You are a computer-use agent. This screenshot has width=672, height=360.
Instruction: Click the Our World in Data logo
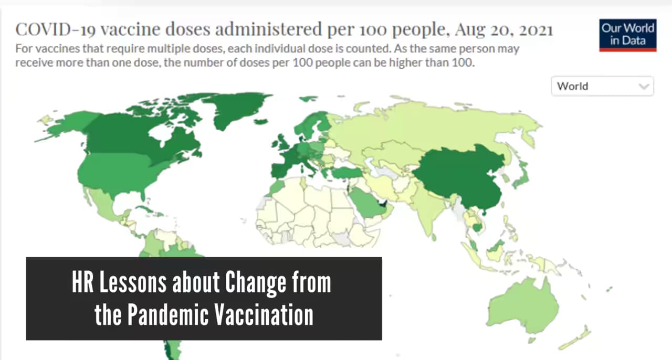[627, 35]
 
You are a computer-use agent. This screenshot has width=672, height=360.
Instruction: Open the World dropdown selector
[602, 87]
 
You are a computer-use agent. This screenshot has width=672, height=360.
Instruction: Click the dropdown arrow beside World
[644, 87]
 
